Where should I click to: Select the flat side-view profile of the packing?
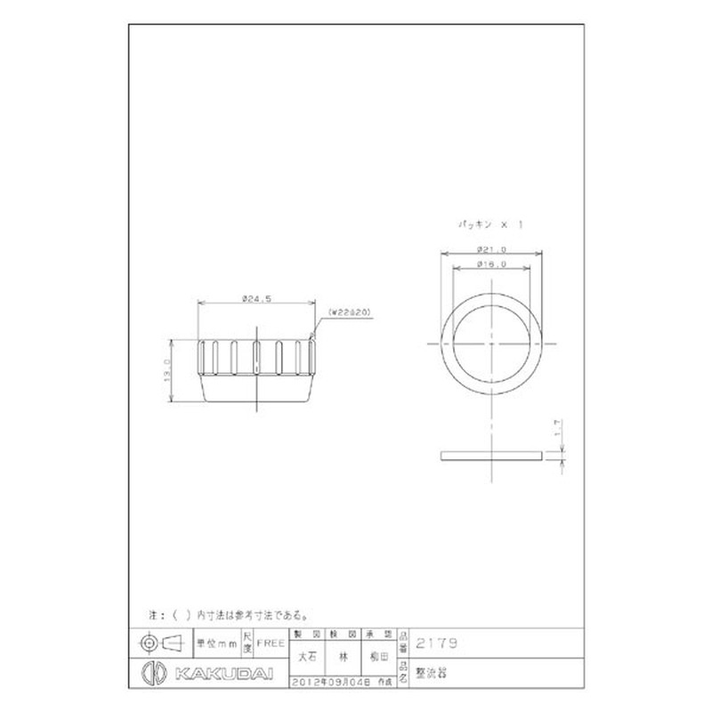tap(491, 457)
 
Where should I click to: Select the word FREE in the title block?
tap(271, 641)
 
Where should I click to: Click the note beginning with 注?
tap(227, 614)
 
